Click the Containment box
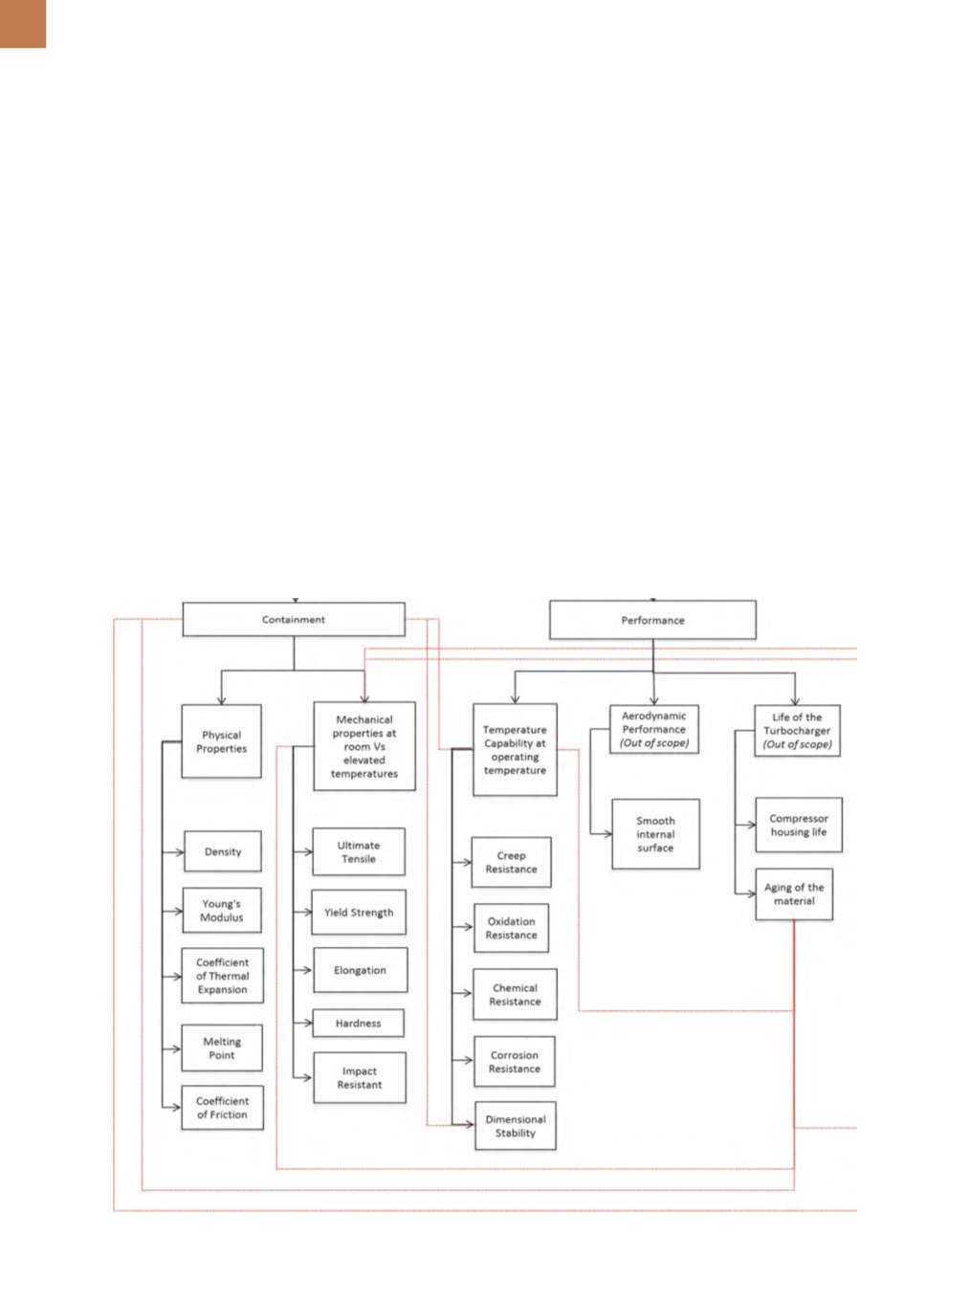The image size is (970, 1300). [x=293, y=619]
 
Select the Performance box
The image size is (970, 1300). [x=652, y=620]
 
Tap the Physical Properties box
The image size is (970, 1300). [x=221, y=741]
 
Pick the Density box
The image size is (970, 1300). [x=223, y=851]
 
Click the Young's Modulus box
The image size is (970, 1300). [x=222, y=910]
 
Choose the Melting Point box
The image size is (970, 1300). [x=222, y=1047]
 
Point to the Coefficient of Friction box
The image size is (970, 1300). [x=222, y=1108]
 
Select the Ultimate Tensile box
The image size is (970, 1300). [x=359, y=851]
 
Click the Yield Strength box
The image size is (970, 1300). [x=359, y=912]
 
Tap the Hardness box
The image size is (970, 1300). [x=358, y=1023]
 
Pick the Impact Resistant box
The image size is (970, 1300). [x=360, y=1077]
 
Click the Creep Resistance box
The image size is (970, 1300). [x=511, y=862]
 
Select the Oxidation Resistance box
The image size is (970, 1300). [x=511, y=928]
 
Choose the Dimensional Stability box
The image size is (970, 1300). [x=516, y=1126]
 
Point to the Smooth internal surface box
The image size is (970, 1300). [x=655, y=834]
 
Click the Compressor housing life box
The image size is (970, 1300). [x=798, y=825]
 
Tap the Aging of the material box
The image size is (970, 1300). [x=794, y=894]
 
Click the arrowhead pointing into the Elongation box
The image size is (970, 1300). [x=307, y=970]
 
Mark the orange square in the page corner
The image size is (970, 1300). [x=23, y=24]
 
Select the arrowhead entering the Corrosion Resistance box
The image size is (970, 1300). [x=468, y=1060]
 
